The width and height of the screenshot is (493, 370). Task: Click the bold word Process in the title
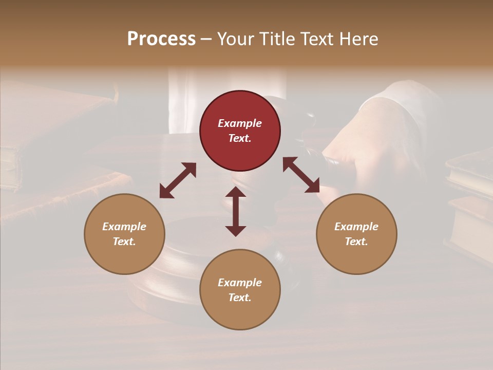(x=161, y=39)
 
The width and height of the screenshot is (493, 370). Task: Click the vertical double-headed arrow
(x=236, y=211)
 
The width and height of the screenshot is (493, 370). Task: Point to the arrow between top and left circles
(x=178, y=180)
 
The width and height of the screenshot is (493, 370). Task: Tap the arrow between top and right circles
(x=301, y=175)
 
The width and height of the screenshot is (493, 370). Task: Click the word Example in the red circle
(x=240, y=123)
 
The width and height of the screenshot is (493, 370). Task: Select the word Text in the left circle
(x=124, y=242)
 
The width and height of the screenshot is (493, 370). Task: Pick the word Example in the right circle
(x=356, y=227)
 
